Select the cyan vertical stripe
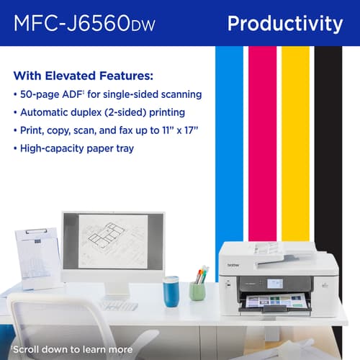229,144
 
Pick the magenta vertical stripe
261,144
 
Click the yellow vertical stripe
294,144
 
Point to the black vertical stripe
328,144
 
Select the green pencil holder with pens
197,288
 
